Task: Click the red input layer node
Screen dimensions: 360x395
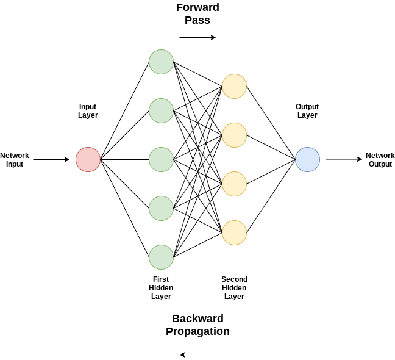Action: (88, 159)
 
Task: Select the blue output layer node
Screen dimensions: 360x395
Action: (307, 159)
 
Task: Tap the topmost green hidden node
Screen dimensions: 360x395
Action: (161, 62)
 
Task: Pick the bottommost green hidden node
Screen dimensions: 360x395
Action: (161, 257)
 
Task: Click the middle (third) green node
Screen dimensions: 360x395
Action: (161, 159)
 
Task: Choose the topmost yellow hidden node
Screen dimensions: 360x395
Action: (234, 86)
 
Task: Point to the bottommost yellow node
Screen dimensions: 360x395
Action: (234, 232)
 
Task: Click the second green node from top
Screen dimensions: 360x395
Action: (161, 110)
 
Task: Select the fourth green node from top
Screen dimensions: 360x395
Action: (161, 208)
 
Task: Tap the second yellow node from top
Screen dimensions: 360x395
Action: (234, 135)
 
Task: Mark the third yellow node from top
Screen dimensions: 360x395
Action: (234, 184)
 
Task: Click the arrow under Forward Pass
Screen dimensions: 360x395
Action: (197, 37)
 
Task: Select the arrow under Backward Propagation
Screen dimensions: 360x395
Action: (197, 355)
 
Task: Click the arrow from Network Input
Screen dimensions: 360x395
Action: (51, 159)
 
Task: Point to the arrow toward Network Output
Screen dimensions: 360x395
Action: (344, 159)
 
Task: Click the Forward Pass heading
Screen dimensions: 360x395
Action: (197, 14)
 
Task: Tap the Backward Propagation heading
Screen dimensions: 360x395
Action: (197, 325)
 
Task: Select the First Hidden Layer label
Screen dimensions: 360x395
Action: (161, 288)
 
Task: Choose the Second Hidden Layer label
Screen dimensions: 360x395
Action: (234, 288)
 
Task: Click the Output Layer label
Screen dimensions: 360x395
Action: (307, 110)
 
